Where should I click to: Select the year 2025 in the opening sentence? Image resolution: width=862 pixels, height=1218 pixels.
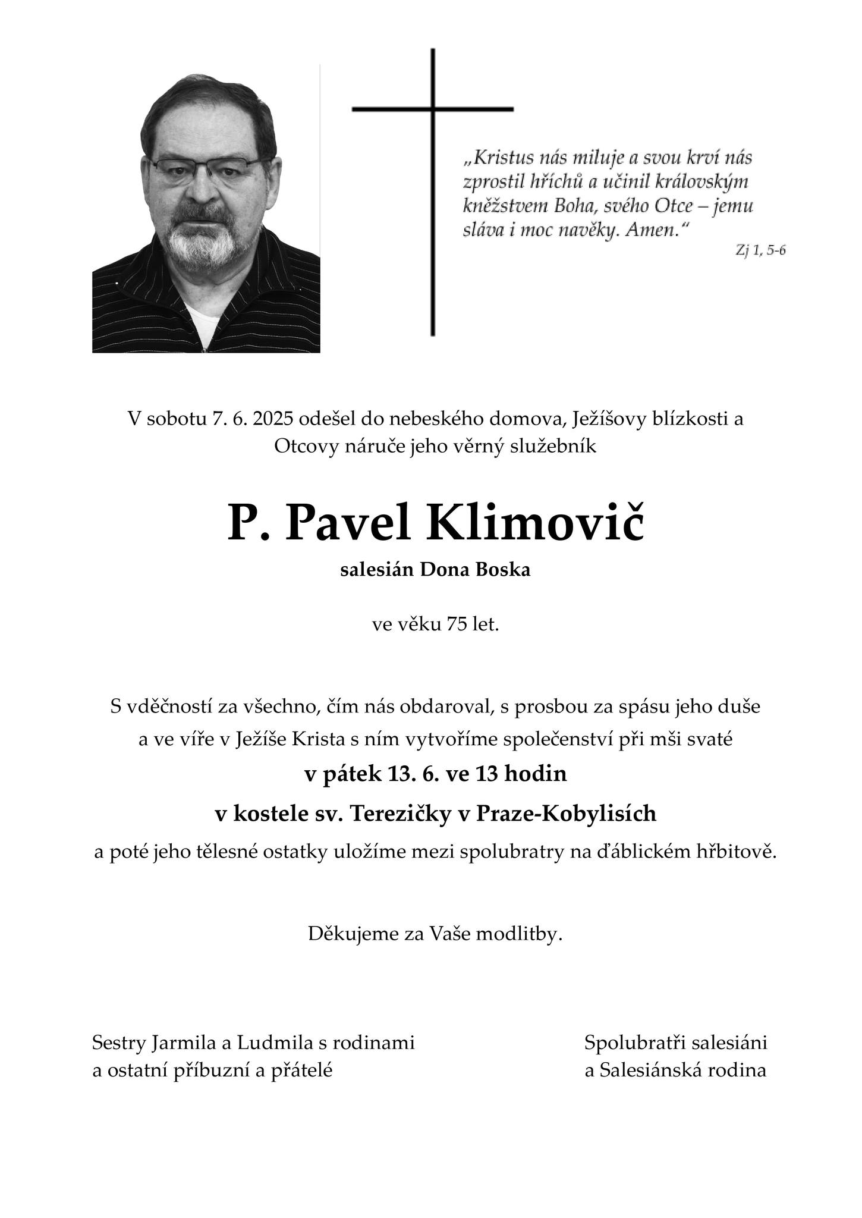pyautogui.click(x=273, y=419)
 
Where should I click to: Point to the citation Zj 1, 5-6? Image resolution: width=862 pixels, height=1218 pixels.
pyautogui.click(x=760, y=250)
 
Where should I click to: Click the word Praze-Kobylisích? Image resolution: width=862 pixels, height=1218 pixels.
pyautogui.click(x=565, y=813)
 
